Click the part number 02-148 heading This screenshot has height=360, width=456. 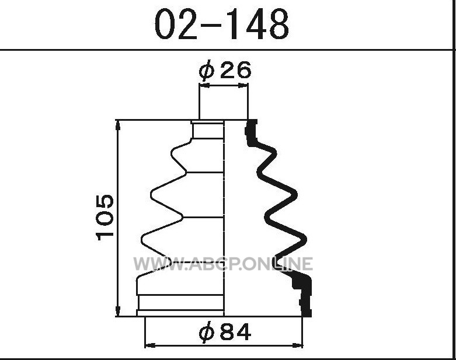222,24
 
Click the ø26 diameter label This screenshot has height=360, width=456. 225,70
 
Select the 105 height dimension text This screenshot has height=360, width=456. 105,218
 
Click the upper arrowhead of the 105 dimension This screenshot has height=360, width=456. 118,125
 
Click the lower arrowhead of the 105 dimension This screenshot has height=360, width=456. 118,312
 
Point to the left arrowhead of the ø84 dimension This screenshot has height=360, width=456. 150,345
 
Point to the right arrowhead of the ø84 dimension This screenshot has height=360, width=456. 298,345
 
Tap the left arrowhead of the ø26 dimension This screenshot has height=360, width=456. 204,85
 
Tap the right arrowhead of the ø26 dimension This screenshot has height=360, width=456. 243,85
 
